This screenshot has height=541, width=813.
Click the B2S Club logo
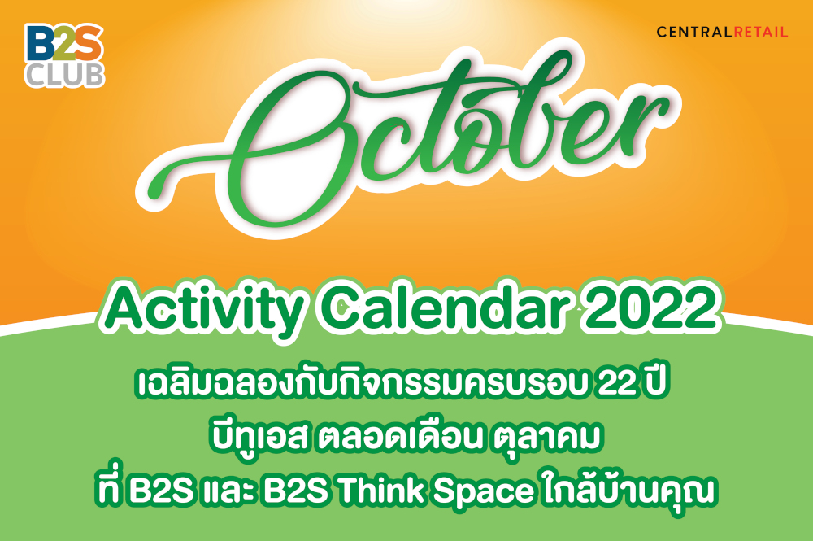(x=65, y=55)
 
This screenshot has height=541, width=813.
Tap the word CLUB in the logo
(x=65, y=75)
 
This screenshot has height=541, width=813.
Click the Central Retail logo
(x=722, y=33)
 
